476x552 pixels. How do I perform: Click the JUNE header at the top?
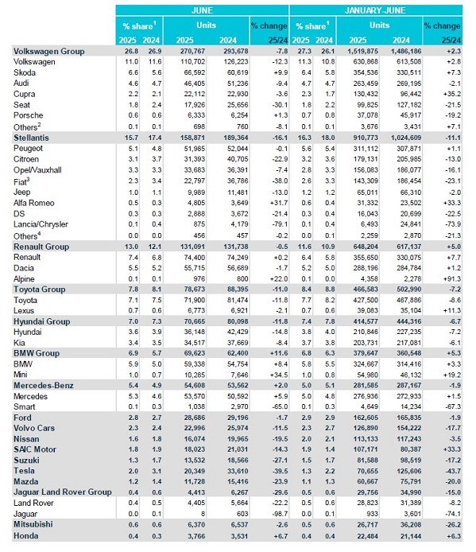[202, 10]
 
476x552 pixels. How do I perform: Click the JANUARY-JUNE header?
[375, 10]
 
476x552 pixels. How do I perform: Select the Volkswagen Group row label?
[49, 52]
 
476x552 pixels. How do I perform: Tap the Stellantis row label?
[31, 138]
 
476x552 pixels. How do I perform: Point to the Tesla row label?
[24, 471]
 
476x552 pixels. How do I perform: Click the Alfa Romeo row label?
[34, 203]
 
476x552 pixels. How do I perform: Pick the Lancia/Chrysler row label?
[41, 224]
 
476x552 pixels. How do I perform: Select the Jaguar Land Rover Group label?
[63, 492]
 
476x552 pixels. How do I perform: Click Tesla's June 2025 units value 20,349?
[194, 471]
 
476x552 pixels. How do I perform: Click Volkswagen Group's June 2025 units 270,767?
[192, 52]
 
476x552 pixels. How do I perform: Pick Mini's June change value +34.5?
[279, 375]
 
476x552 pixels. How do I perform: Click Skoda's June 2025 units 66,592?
[194, 73]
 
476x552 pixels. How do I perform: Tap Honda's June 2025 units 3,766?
[196, 536]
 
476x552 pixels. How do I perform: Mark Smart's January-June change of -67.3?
[452, 406]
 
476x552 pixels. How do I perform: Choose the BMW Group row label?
[37, 353]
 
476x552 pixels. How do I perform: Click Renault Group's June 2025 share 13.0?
[132, 247]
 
